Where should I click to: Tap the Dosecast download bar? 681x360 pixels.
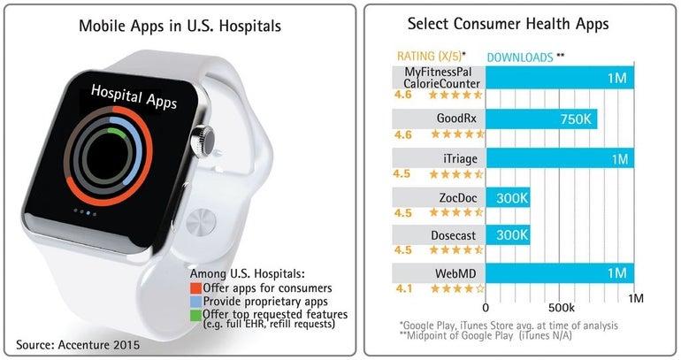pyautogui.click(x=508, y=236)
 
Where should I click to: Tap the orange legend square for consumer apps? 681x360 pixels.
pyautogui.click(x=195, y=288)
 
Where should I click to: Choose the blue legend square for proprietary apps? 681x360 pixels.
pyautogui.click(x=195, y=302)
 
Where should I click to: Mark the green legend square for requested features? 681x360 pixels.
pyautogui.click(x=195, y=315)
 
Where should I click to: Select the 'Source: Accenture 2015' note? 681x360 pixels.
pyautogui.click(x=73, y=342)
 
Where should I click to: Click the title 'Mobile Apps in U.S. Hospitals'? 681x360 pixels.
pyautogui.click(x=180, y=26)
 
